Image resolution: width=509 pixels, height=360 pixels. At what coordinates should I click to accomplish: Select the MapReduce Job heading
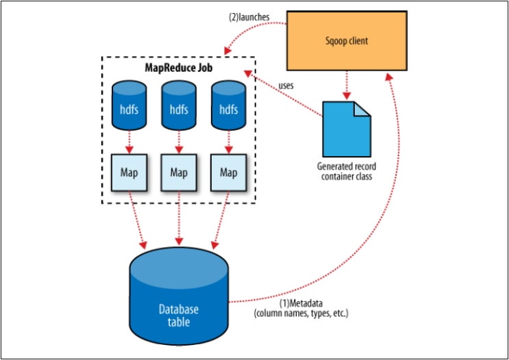pos(179,68)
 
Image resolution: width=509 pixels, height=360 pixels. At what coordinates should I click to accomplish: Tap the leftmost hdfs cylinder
pos(128,107)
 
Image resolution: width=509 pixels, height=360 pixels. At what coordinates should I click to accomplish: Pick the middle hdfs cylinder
pos(179,107)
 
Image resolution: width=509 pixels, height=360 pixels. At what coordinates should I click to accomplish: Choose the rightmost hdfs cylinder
pos(228,107)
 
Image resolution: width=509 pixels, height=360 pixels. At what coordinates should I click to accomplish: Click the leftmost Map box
pos(128,172)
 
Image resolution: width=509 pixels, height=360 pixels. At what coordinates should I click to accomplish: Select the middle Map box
pos(179,172)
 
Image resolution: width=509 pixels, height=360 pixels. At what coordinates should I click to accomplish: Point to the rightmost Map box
pos(228,172)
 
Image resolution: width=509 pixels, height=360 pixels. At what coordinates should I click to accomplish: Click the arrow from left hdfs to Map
pos(128,142)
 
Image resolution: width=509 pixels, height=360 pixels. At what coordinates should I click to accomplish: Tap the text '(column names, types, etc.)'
pos(301,314)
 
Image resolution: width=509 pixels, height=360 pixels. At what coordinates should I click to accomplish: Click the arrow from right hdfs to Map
pos(228,142)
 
